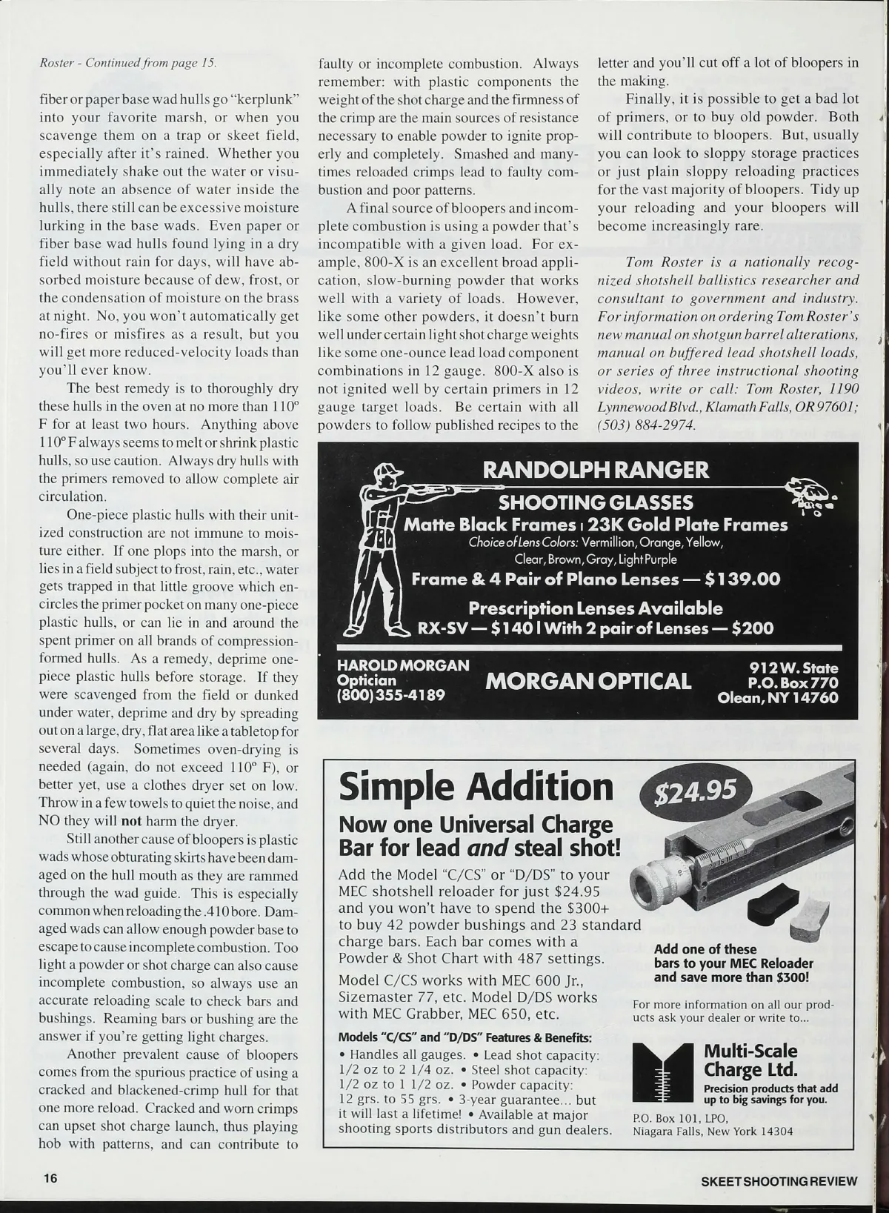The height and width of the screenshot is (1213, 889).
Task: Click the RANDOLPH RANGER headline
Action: click(595, 470)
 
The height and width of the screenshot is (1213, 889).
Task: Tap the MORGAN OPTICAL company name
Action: click(587, 681)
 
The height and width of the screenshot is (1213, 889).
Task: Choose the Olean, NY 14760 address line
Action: click(777, 698)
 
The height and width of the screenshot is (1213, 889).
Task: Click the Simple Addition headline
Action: click(476, 787)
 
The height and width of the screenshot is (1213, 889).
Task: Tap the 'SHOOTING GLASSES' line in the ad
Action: click(596, 502)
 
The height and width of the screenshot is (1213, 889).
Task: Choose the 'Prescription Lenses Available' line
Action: click(596, 608)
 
